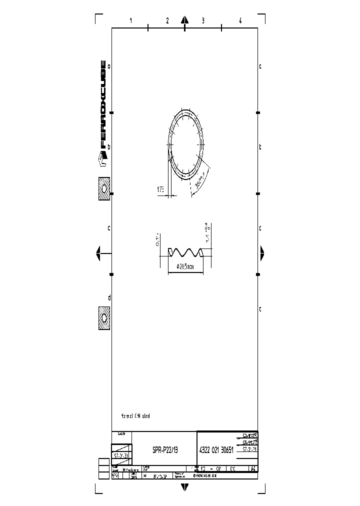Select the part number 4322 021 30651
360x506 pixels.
216,450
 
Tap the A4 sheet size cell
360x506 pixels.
252,469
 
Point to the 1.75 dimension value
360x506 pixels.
160,189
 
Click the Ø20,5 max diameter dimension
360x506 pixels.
186,267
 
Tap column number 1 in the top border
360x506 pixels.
130,21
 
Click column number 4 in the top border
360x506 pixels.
240,21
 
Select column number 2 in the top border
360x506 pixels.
167,21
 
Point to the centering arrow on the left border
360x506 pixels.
99,253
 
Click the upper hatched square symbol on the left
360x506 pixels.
104,189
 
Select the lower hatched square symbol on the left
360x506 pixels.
104,318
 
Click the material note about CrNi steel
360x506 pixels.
135,415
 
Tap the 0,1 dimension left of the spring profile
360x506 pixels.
157,239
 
